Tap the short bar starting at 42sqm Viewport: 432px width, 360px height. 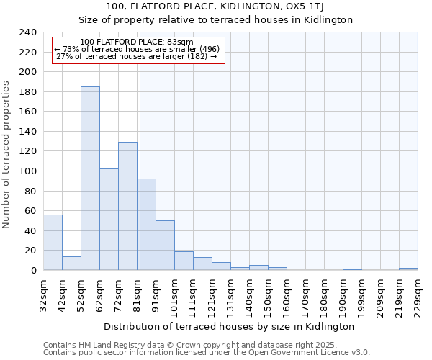point(71,264)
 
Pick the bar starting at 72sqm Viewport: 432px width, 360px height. point(127,206)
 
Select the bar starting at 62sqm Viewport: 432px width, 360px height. point(109,220)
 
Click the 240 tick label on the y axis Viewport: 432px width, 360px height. point(28,32)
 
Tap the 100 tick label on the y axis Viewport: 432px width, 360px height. point(28,171)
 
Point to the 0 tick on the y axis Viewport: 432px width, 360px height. point(34,271)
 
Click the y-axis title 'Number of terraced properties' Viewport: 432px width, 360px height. point(6,154)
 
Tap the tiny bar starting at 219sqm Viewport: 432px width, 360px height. point(408,269)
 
